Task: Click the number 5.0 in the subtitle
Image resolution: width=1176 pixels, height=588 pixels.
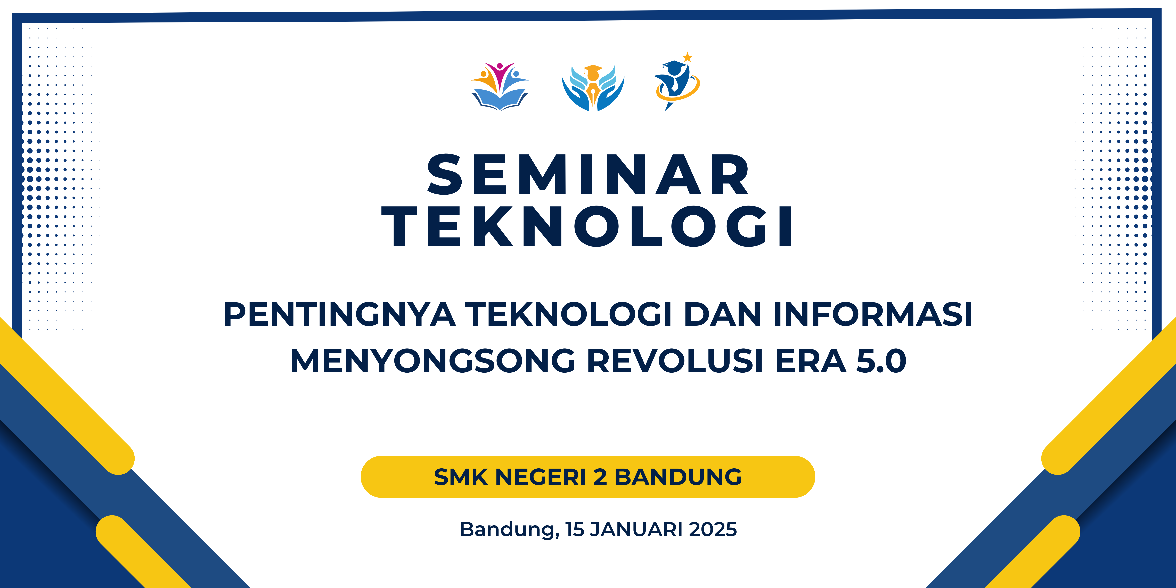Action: (881, 361)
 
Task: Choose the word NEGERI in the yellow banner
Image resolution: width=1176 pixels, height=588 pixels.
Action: (541, 477)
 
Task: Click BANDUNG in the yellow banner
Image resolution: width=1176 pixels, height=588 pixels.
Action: (678, 477)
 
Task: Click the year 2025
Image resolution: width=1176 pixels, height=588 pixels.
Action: (713, 530)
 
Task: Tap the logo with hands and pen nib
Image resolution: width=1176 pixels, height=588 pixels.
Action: (593, 88)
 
